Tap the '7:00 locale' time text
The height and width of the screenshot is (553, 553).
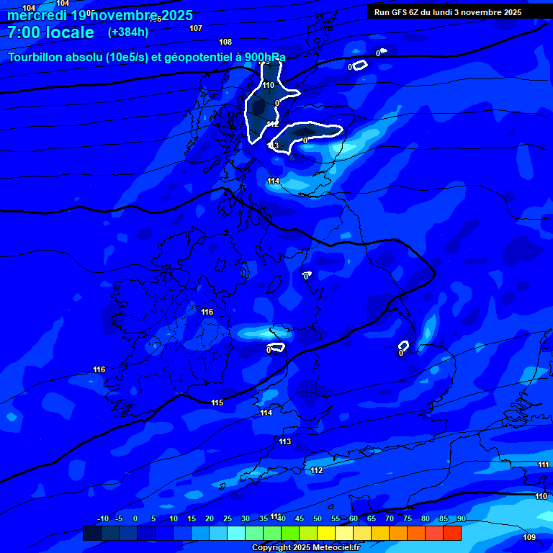[50, 32]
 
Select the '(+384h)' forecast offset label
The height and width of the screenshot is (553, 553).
[128, 32]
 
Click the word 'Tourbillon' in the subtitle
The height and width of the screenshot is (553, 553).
[40, 58]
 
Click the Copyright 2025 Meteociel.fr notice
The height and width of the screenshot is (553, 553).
[305, 548]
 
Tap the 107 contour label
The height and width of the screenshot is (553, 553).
[196, 28]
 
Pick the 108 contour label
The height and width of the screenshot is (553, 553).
[225, 42]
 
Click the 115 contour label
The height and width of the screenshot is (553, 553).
[217, 403]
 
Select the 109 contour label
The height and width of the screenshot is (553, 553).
[529, 537]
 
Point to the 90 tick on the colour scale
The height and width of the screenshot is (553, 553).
[461, 519]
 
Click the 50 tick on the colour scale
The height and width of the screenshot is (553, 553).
[318, 519]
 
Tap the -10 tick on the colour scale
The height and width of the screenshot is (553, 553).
[102, 519]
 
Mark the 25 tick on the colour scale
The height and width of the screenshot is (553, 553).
[228, 519]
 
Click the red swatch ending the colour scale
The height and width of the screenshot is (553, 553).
[451, 533]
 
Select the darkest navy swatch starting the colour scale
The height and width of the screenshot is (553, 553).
[91, 533]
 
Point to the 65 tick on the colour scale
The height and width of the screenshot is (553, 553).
[372, 519]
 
